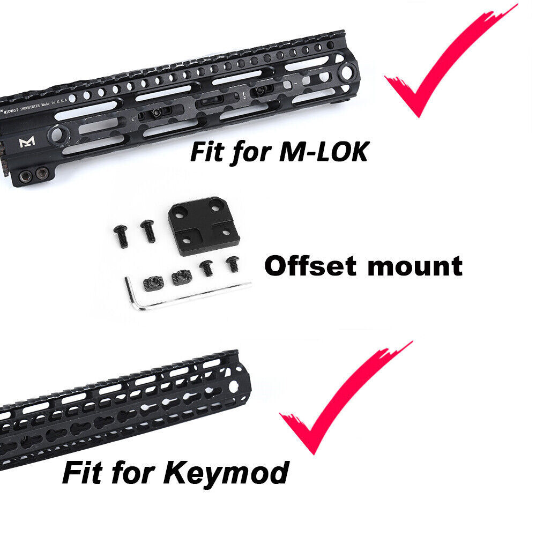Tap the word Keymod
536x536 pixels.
[229, 472]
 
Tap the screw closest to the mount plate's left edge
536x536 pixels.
[146, 230]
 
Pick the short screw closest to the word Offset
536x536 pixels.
[233, 263]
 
